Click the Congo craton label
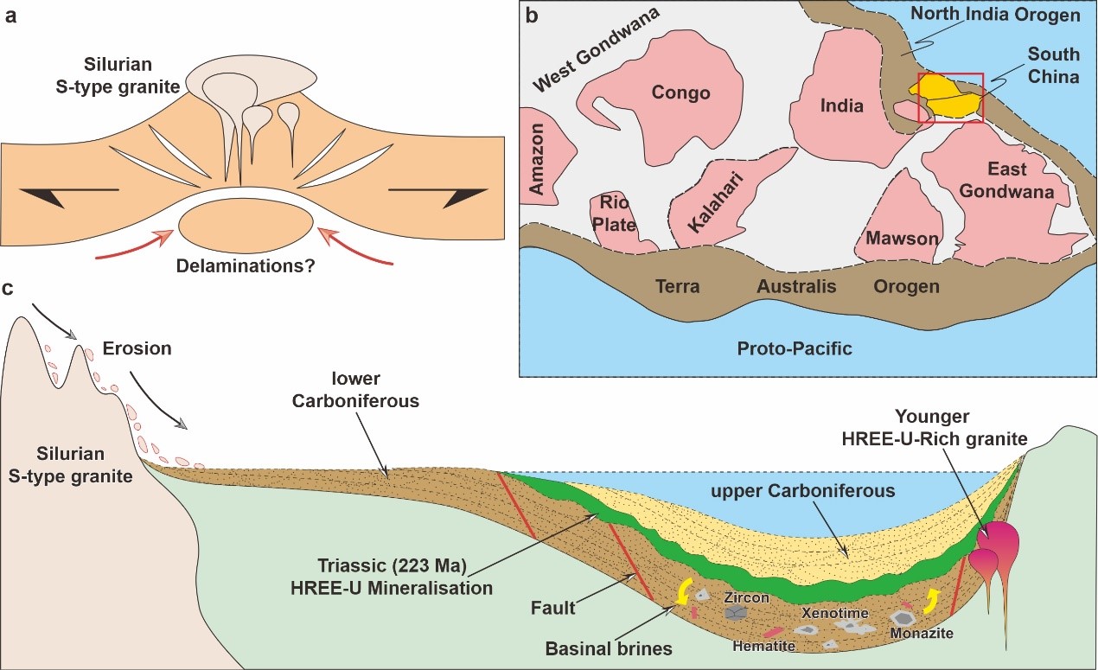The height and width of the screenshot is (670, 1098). [x=681, y=93]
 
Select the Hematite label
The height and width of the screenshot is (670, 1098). [x=759, y=645]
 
